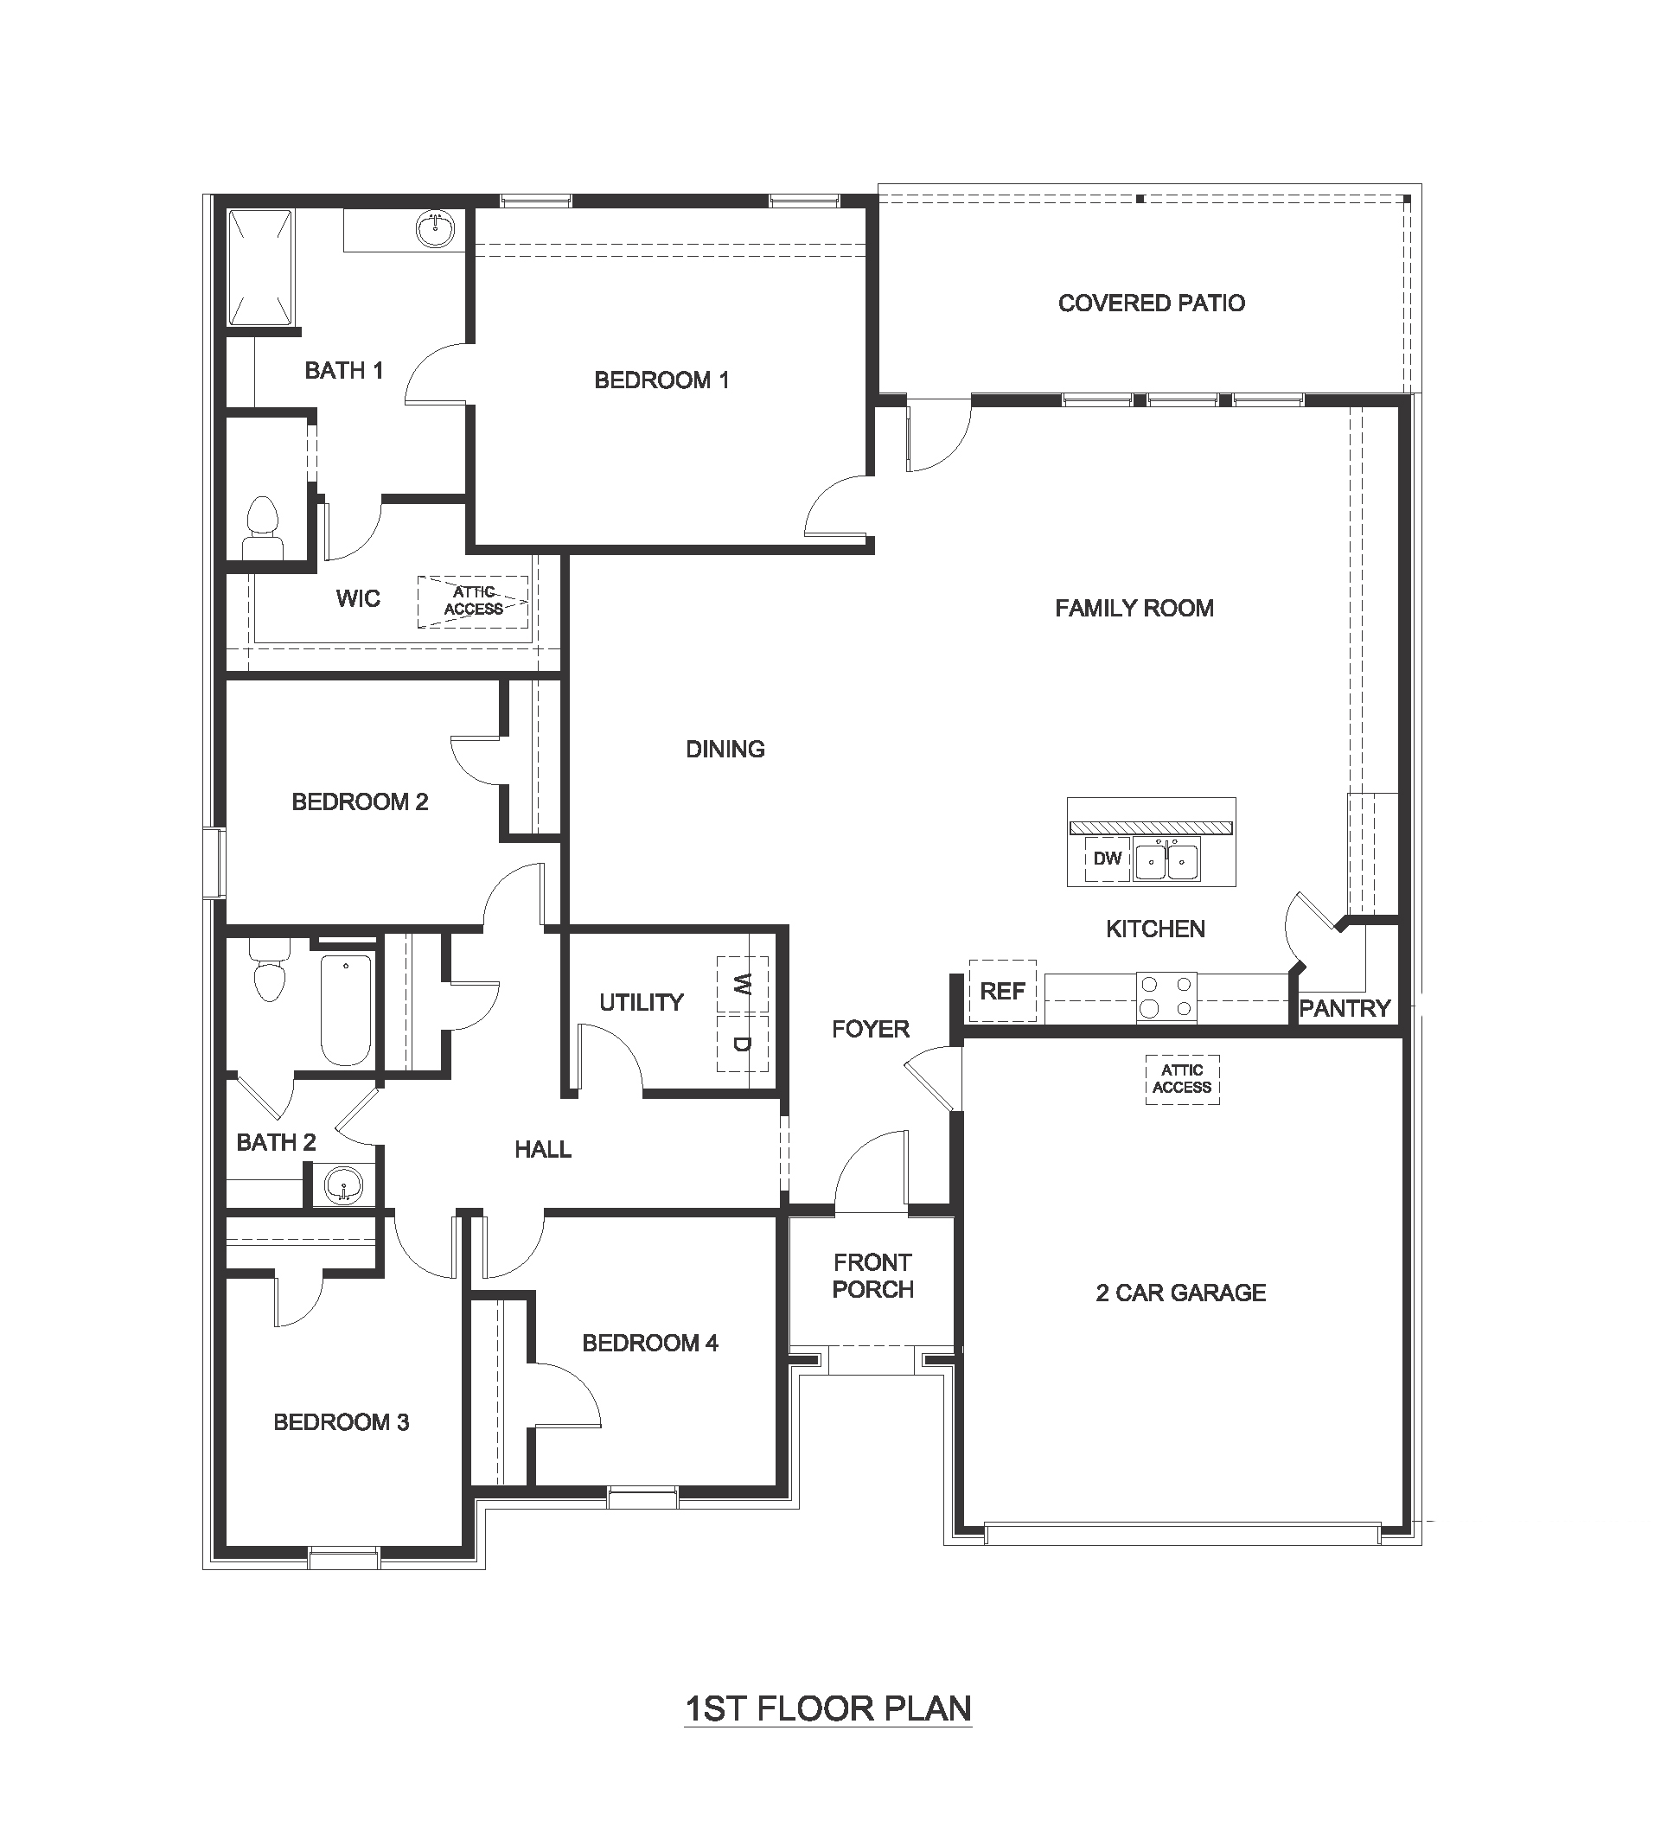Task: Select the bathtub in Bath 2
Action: (347, 1010)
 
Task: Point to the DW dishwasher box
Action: (1108, 859)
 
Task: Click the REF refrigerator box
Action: (1002, 991)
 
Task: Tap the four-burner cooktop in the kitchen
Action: (1166, 997)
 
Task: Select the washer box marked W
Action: (743, 984)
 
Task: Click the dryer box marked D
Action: (743, 1044)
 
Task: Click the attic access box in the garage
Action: (1182, 1079)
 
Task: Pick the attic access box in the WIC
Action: (472, 601)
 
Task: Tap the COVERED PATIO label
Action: (1151, 303)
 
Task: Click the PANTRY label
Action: (1345, 1008)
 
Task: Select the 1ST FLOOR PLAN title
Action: (828, 1708)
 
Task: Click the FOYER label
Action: (870, 1029)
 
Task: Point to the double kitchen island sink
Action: (1166, 860)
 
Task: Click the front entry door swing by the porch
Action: (871, 1172)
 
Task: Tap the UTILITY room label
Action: (642, 1003)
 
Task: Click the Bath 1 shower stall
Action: (260, 266)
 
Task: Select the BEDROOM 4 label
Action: (649, 1343)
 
